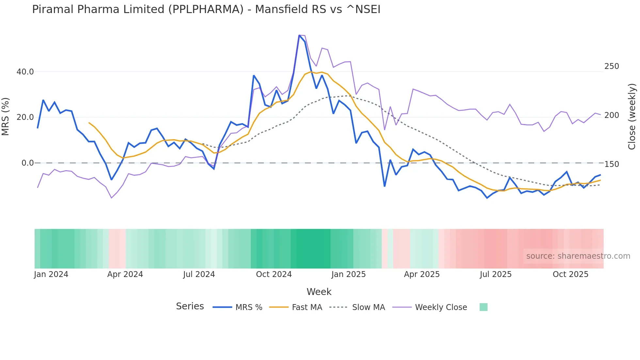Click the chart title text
tap(206, 9)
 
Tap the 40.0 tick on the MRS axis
tap(25, 72)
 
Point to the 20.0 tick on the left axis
tap(25, 117)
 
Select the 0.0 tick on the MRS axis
tap(27, 163)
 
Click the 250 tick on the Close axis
tap(612, 66)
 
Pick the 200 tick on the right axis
tap(612, 115)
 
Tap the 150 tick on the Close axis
tap(612, 164)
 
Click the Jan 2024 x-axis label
tap(51, 274)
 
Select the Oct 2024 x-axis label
tap(274, 274)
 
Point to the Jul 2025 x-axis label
tap(495, 274)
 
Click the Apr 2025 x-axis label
tap(422, 274)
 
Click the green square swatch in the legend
tap(483, 307)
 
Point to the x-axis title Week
tap(319, 292)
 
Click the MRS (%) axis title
tap(6, 117)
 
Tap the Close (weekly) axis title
tap(632, 117)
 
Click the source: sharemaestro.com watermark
tap(578, 256)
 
